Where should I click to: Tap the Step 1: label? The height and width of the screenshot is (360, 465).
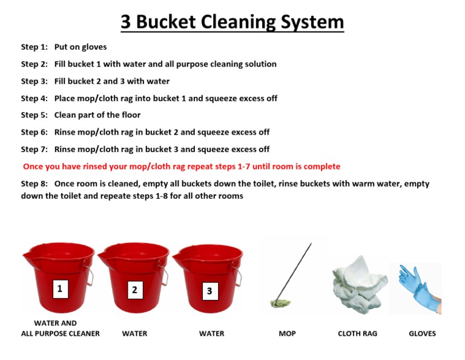pos(35,47)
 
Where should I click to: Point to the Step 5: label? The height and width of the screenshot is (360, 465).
pos(35,115)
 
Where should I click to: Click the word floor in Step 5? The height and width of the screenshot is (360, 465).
pos(131,115)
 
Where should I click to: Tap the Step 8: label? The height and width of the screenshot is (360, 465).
pos(35,184)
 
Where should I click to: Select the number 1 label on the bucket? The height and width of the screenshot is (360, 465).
pos(60,288)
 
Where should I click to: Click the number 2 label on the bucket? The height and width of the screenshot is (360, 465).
pos(135,290)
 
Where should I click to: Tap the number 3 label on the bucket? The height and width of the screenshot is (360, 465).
pos(210,291)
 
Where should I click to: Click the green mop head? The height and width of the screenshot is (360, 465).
pos(280,303)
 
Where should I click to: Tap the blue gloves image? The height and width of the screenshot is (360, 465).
pos(420,288)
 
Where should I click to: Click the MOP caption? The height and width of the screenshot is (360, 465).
pos(287,333)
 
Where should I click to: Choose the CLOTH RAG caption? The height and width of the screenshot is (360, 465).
pos(357,333)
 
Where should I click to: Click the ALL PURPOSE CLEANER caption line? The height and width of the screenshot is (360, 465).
pos(60,333)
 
